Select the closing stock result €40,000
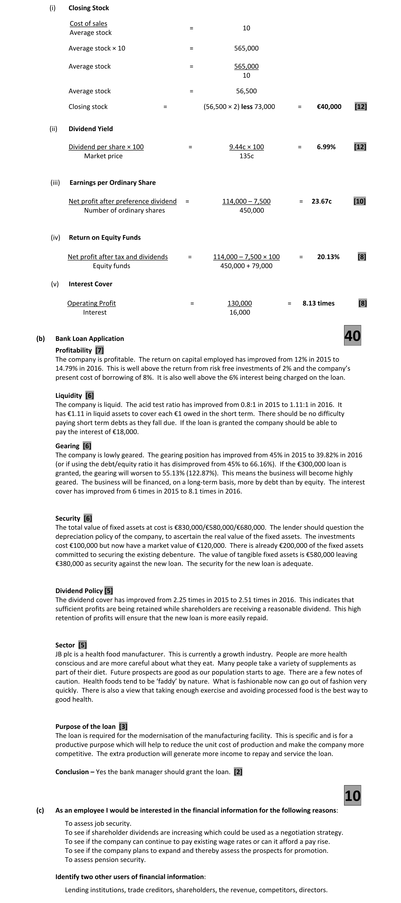[x=329, y=107]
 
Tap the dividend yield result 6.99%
[x=326, y=147]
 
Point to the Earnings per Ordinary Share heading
[x=112, y=183]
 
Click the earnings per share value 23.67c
[x=321, y=201]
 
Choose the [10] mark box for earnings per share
[x=360, y=201]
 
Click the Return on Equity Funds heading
[x=105, y=237]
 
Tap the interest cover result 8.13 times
[x=318, y=303]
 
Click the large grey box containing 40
[x=352, y=336]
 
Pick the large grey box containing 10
[x=352, y=795]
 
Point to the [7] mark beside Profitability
[x=99, y=350]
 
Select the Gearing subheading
[x=67, y=446]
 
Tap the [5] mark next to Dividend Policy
[x=109, y=591]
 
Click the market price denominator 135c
[x=246, y=156]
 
